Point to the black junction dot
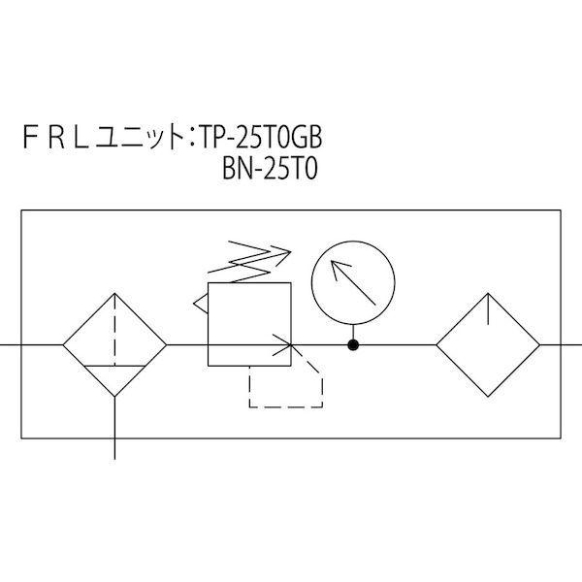coord(354,344)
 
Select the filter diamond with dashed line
coord(115,344)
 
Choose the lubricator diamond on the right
coord(487,344)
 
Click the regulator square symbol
coord(249,324)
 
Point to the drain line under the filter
coord(115,427)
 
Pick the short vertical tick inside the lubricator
coord(487,309)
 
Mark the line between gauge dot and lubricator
coord(396,344)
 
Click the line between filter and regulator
coord(187,344)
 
